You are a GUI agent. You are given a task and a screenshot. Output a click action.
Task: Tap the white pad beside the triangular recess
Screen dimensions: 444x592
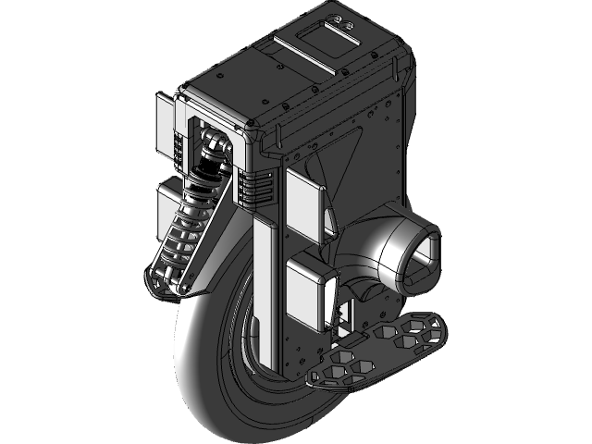[303, 199]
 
